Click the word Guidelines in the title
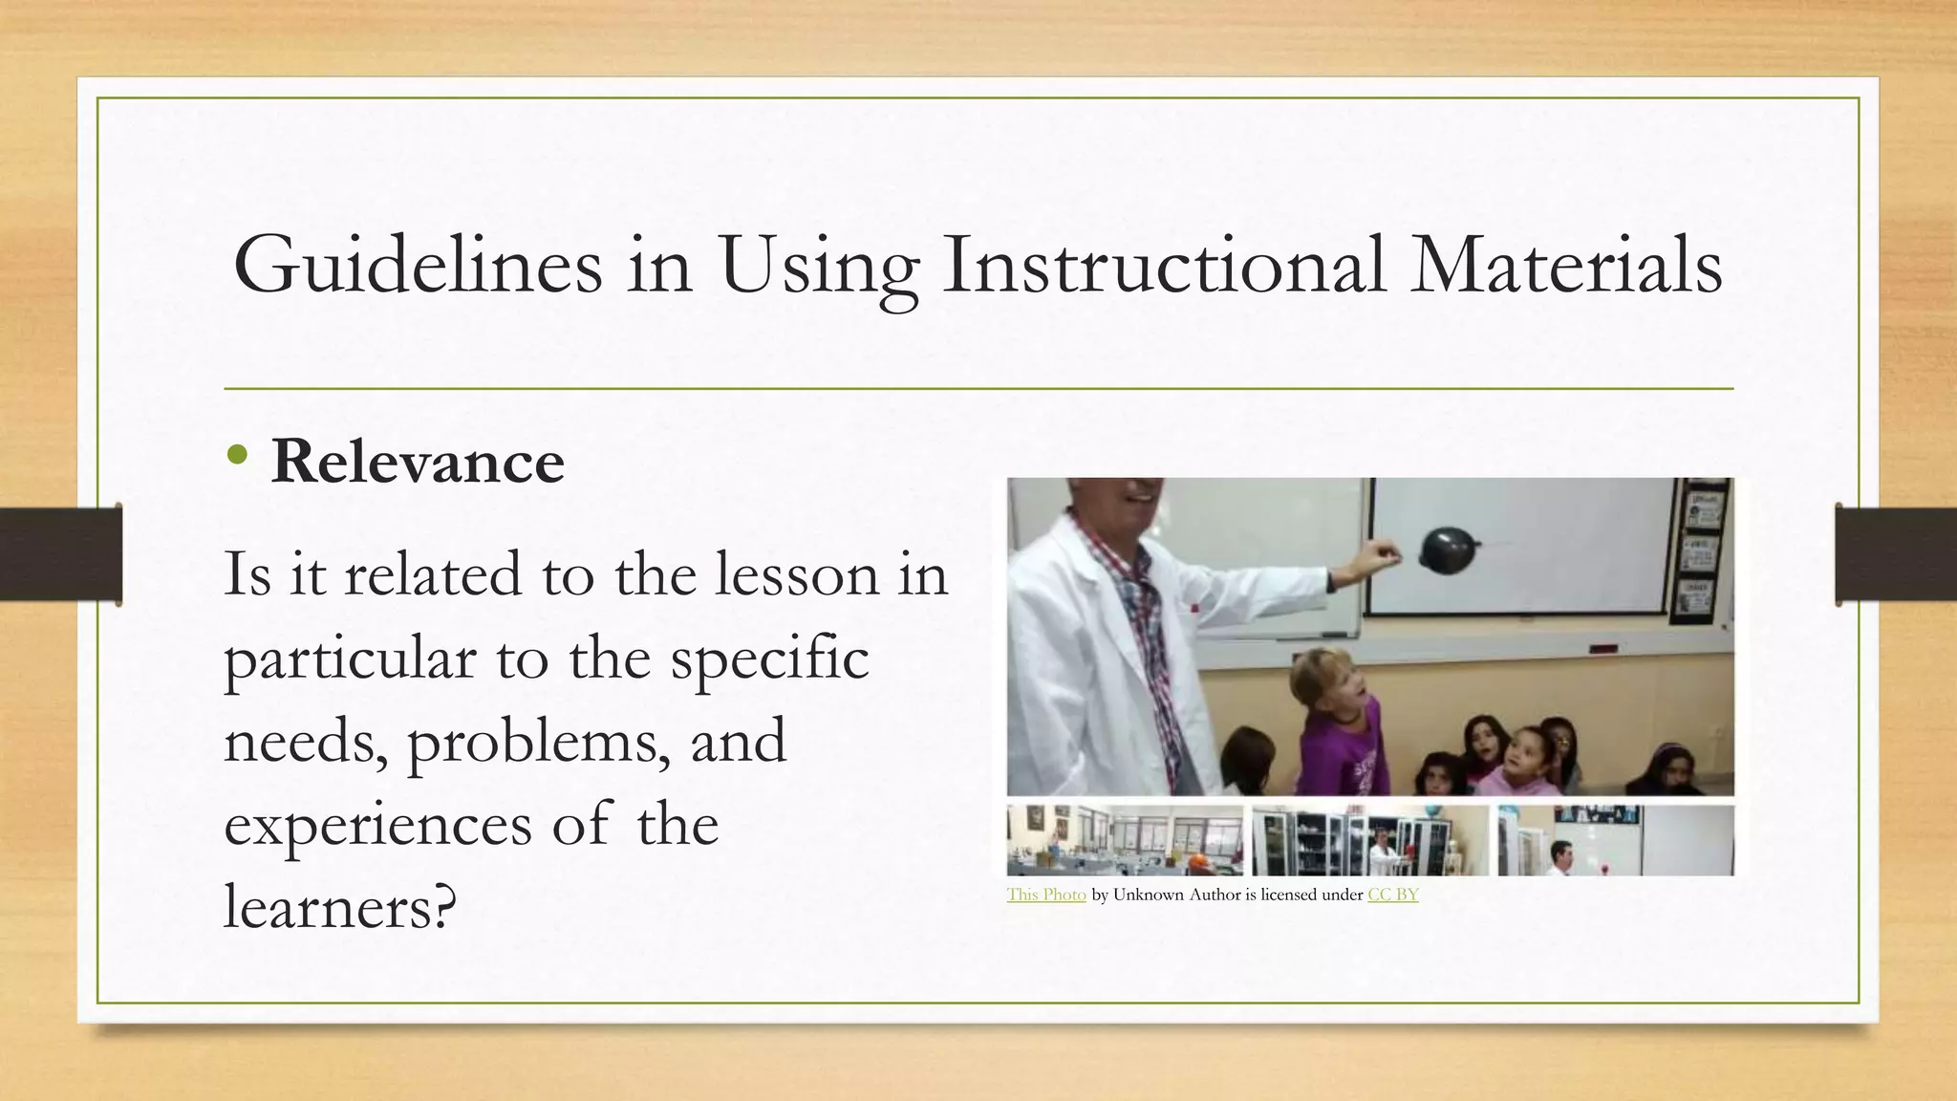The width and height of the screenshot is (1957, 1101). click(418, 265)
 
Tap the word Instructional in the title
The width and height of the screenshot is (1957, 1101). click(1163, 265)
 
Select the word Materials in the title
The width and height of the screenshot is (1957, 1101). click(1566, 265)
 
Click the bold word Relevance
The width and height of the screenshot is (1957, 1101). click(418, 462)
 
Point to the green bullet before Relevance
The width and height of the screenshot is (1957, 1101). click(238, 456)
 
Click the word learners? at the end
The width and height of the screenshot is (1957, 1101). click(339, 906)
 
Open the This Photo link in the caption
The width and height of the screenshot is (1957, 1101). click(1045, 895)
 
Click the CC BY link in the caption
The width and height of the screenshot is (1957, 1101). click(1392, 895)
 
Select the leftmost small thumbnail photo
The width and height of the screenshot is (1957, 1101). click(1124, 840)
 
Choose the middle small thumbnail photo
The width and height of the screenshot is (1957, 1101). click(1369, 840)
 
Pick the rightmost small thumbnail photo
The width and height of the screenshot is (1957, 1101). click(1615, 840)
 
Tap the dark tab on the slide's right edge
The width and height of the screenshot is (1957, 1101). click(1896, 554)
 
